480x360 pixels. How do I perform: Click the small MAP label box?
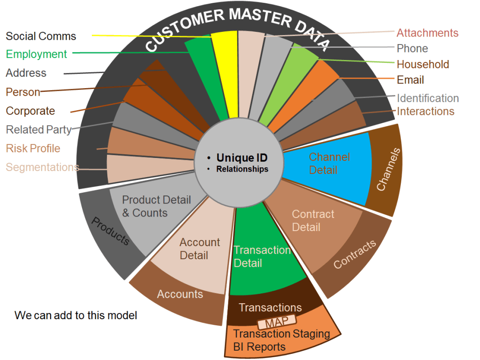(x=277, y=323)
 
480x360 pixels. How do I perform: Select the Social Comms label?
(x=41, y=36)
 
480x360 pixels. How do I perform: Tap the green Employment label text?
(x=37, y=54)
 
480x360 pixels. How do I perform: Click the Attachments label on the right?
(x=427, y=33)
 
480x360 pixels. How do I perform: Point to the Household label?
(x=423, y=64)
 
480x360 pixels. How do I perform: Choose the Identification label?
(x=427, y=98)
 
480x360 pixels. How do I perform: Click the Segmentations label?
(x=42, y=167)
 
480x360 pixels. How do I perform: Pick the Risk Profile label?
(x=33, y=149)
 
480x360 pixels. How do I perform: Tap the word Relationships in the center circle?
(x=242, y=169)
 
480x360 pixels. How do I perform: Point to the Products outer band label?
(x=110, y=231)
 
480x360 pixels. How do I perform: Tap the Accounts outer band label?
(x=180, y=294)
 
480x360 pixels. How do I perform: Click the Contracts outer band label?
(x=355, y=255)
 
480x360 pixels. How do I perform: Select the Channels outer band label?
(x=389, y=169)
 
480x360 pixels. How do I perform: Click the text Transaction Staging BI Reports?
(x=281, y=340)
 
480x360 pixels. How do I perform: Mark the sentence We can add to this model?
(x=76, y=315)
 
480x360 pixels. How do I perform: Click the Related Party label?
(x=38, y=129)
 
